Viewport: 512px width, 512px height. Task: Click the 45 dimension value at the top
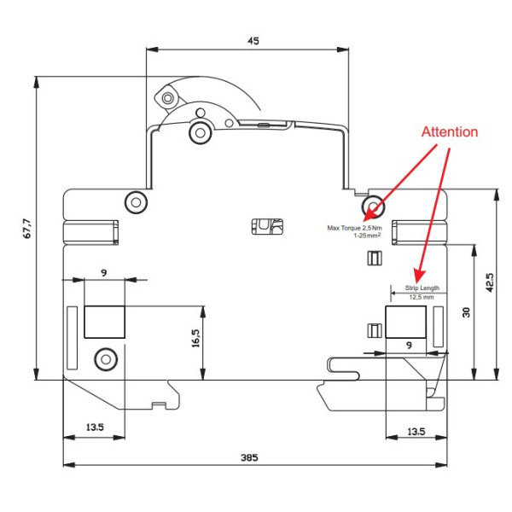(253, 40)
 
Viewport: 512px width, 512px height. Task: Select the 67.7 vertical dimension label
(26, 230)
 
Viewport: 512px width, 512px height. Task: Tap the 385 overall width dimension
(248, 457)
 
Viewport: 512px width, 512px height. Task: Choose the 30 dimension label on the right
(466, 312)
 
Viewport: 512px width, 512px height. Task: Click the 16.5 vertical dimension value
(195, 340)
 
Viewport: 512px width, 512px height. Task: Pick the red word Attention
(449, 132)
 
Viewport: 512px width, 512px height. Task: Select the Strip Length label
(422, 288)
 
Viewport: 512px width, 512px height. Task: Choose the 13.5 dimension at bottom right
(415, 431)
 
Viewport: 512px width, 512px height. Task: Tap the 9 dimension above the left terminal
(103, 272)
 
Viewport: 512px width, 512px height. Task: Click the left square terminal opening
(104, 323)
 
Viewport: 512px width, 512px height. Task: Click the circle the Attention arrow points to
(373, 206)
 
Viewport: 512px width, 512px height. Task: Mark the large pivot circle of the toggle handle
(201, 132)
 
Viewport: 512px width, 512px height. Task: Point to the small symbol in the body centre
(267, 225)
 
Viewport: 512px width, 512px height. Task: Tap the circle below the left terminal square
(105, 358)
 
